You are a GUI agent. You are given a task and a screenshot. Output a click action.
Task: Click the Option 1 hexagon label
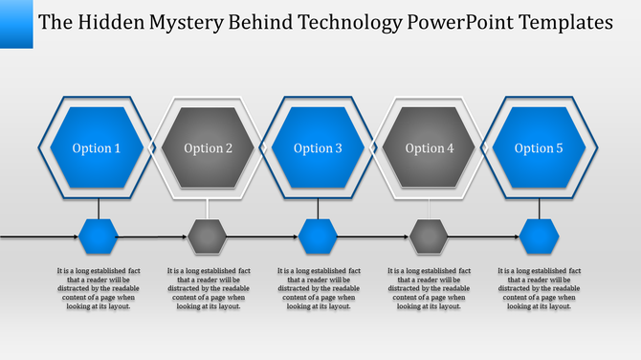pyautogui.click(x=98, y=148)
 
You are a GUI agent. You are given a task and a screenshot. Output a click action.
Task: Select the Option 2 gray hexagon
pyautogui.click(x=209, y=148)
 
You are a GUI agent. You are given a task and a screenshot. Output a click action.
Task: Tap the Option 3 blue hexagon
pyautogui.click(x=319, y=148)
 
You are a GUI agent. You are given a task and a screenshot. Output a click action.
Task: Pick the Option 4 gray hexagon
pyautogui.click(x=430, y=148)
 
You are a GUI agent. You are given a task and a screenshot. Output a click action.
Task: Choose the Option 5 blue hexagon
pyautogui.click(x=540, y=148)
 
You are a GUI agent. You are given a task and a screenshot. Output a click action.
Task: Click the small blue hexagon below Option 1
pyautogui.click(x=98, y=235)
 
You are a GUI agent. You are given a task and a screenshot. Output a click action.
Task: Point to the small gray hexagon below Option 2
pyautogui.click(x=208, y=235)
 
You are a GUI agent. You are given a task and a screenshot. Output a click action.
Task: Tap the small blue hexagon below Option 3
pyautogui.click(x=319, y=235)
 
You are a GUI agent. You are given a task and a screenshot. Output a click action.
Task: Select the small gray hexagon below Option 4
pyautogui.click(x=430, y=235)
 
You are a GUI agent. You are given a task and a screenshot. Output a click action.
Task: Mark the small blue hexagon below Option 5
pyautogui.click(x=540, y=235)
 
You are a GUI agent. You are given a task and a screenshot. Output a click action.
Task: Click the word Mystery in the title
pyautogui.click(x=189, y=20)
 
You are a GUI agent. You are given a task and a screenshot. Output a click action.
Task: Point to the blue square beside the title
pyautogui.click(x=16, y=23)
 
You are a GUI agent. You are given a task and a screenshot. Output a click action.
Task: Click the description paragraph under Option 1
pyautogui.click(x=99, y=288)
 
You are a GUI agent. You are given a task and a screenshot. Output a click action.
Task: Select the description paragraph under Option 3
pyautogui.click(x=319, y=288)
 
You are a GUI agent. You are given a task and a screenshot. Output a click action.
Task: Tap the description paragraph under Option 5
pyautogui.click(x=541, y=288)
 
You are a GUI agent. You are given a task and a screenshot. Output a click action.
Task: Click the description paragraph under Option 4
pyautogui.click(x=430, y=288)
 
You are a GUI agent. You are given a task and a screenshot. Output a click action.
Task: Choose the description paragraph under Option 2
pyautogui.click(x=209, y=288)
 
